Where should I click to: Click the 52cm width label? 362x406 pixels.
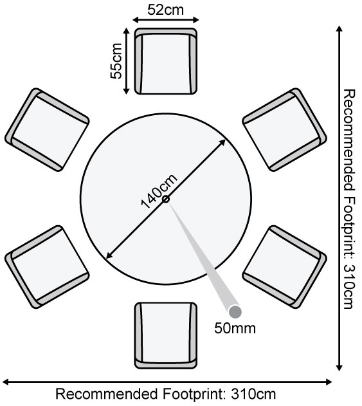pos(166,10)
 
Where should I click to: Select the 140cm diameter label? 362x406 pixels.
pos(159,191)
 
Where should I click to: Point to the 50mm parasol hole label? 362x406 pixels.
pos(235,328)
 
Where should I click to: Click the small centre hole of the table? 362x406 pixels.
pos(166,199)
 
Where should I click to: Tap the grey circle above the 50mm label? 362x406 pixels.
pos(235,312)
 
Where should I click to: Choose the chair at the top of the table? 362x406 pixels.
pos(166,61)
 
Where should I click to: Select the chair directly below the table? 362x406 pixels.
pos(166,336)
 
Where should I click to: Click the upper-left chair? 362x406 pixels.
pos(47,129)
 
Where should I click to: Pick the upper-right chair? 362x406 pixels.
pos(284,129)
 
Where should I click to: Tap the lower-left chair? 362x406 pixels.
pos(47,267)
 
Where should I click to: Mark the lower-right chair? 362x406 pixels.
pos(284,267)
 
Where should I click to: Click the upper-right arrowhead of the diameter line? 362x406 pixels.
pos(222,142)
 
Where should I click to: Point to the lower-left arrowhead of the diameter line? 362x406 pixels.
pos(109,255)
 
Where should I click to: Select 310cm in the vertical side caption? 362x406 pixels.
pos(348,286)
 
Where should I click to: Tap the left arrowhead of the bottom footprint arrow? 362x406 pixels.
pos(5,382)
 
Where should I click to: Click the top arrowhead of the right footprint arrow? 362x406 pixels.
pos(339,29)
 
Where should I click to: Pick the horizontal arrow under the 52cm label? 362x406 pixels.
pos(166,20)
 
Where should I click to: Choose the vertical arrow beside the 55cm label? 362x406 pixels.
pos(126,61)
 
